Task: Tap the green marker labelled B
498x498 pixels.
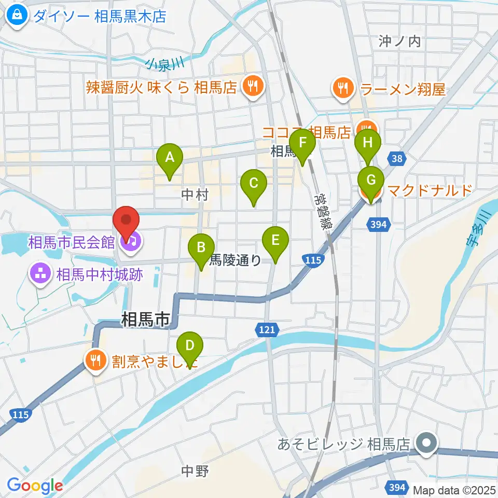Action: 201,249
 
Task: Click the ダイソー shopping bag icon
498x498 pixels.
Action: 17,16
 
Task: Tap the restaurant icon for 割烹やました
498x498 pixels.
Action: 95,359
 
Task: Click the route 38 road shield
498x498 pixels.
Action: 397,159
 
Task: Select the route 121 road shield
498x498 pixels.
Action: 268,329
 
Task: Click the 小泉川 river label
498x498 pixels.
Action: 165,64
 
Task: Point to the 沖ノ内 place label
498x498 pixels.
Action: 399,42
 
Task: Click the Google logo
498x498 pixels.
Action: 35,486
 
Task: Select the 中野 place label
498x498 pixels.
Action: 195,471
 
